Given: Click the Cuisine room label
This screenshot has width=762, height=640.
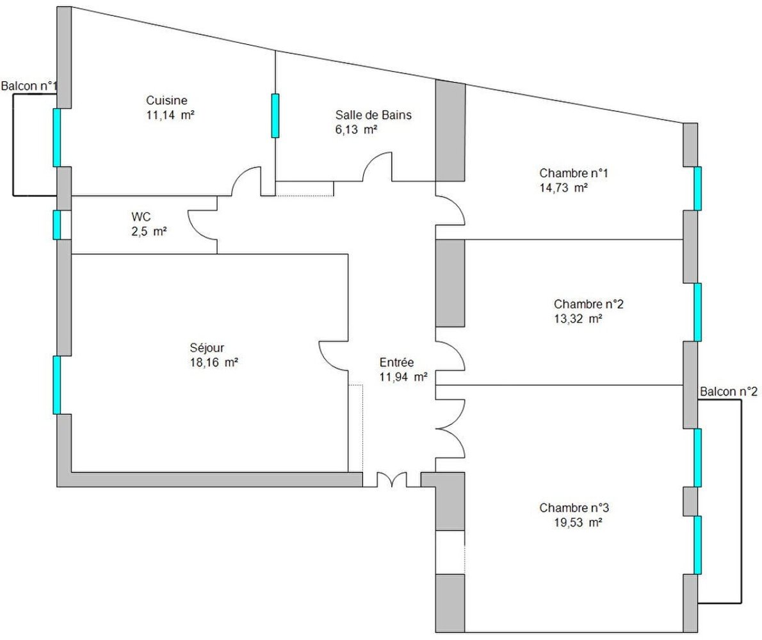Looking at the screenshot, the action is tap(166, 100).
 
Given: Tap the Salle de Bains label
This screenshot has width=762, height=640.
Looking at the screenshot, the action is tap(373, 115).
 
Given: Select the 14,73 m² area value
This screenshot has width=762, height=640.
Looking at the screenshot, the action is tap(563, 188).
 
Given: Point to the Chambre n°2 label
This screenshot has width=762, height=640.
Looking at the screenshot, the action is tap(588, 305).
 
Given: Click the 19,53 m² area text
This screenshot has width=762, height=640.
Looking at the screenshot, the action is tap(578, 523).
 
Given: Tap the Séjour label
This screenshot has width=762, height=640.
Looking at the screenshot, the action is tap(207, 348).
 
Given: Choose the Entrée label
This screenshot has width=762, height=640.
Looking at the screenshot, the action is tap(396, 363).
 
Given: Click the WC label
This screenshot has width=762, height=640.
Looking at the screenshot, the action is tap(141, 217).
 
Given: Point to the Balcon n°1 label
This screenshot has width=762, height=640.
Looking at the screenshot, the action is tap(29, 86).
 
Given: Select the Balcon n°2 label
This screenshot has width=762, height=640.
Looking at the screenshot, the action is tap(729, 392).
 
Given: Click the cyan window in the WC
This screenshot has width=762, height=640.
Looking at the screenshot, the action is tap(57, 225).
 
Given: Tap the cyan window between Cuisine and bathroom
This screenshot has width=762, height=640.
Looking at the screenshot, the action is tap(275, 116).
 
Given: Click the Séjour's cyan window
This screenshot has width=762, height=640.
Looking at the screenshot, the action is tap(57, 385).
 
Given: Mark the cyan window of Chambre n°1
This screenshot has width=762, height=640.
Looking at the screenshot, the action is tap(697, 188).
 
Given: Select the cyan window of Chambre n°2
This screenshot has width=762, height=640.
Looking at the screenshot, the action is tap(697, 312).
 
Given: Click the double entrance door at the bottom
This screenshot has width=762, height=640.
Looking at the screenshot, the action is tap(392, 480).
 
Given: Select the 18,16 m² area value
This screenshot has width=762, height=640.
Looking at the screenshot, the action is tap(214, 363).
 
